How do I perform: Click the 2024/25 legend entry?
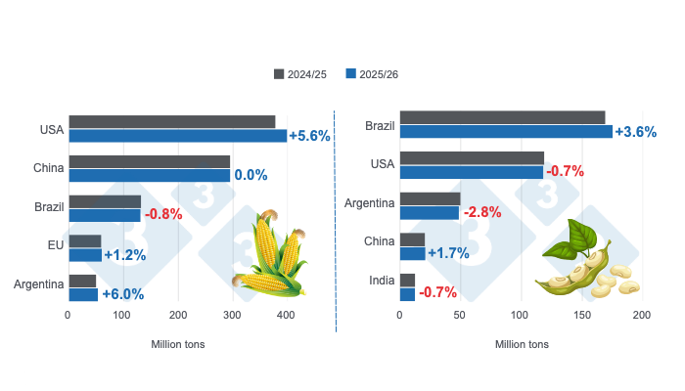pyautogui.click(x=304, y=74)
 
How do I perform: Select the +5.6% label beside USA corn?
pyautogui.click(x=309, y=136)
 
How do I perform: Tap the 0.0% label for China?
pyautogui.click(x=251, y=175)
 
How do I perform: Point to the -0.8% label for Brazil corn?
pyautogui.click(x=162, y=214)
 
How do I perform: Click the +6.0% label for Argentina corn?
pyautogui.click(x=122, y=293)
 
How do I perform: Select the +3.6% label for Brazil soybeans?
pyautogui.click(x=635, y=132)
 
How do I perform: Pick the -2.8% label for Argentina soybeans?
pyautogui.click(x=482, y=212)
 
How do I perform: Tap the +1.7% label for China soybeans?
pyautogui.click(x=447, y=253)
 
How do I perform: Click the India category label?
pyautogui.click(x=383, y=281)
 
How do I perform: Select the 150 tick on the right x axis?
pyautogui.click(x=581, y=316)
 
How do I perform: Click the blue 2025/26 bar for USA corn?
pyautogui.click(x=177, y=136)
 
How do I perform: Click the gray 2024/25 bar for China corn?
pyautogui.click(x=149, y=161)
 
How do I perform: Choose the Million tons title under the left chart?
pyautogui.click(x=178, y=344)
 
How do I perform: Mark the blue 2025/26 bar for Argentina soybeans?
pyautogui.click(x=430, y=212)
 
